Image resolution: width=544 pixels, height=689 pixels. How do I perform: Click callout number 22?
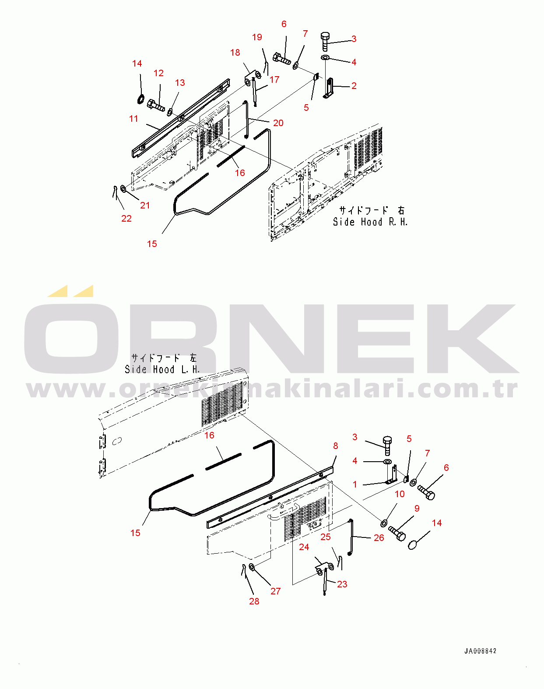(126, 218)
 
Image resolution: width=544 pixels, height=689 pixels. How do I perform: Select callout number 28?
(254, 601)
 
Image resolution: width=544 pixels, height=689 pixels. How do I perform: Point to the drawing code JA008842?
(480, 651)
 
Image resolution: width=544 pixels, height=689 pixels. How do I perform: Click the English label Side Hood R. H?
(370, 222)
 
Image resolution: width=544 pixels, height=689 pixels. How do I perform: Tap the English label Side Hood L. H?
(162, 370)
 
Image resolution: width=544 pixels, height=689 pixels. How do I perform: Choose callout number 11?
(133, 118)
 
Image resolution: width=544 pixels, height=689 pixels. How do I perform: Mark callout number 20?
(278, 123)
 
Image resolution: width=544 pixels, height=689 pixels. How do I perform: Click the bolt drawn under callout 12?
(156, 106)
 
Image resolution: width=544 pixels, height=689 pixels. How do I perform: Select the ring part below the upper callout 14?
(140, 99)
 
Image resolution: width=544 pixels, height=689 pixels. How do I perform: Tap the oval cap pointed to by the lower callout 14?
(413, 545)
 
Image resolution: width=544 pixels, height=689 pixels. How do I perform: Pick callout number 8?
(335, 445)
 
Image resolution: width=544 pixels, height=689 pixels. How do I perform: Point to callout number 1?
(355, 484)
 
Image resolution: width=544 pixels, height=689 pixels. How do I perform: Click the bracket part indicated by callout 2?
(328, 88)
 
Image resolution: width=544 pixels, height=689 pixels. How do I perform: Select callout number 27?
(275, 591)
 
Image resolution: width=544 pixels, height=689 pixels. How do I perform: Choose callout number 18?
(235, 53)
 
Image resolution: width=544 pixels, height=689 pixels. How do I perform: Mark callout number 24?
(304, 547)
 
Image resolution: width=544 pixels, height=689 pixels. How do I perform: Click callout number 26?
(379, 537)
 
